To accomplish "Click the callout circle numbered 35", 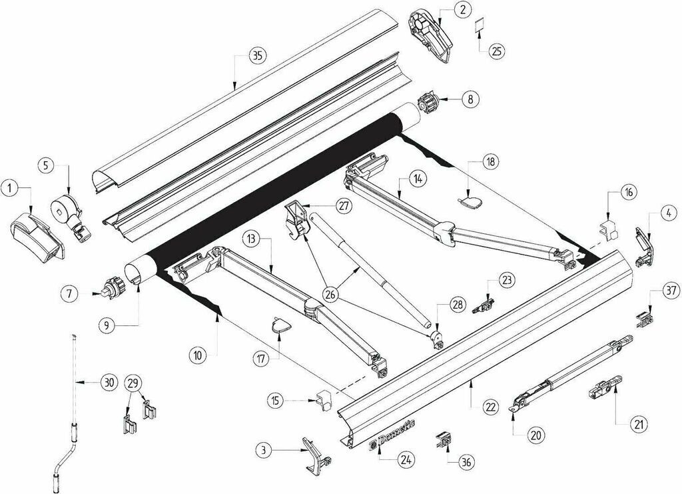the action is pos(258,56).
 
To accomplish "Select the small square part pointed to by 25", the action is pos(480,25).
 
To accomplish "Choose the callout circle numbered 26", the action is pos(332,295).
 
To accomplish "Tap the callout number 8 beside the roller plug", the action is pos(470,99).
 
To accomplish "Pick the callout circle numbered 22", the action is pos(491,407).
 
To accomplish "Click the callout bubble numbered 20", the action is pos(536,435).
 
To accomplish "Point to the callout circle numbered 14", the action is pos(418,178).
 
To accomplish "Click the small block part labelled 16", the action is pos(610,229).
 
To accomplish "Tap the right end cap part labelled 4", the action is pos(645,247).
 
